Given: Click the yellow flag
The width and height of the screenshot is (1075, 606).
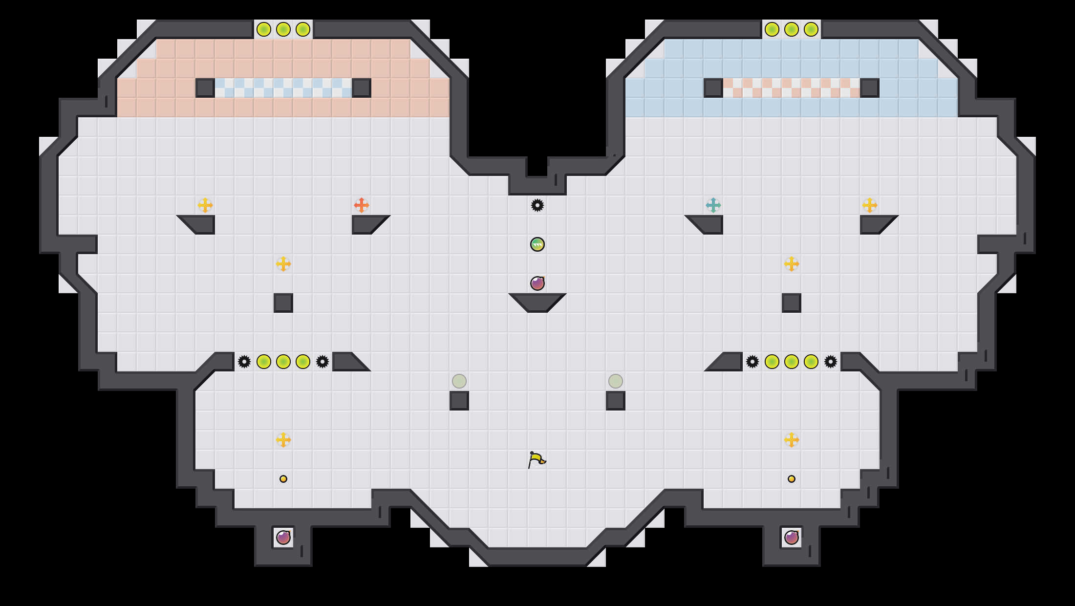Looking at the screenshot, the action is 537,459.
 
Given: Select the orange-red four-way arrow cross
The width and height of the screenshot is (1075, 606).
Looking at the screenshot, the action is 361,205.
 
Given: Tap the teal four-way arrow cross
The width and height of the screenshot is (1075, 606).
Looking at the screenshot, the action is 713,205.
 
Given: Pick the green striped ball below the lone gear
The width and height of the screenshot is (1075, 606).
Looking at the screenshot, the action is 537,244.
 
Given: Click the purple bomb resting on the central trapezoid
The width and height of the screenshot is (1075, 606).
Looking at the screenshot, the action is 537,283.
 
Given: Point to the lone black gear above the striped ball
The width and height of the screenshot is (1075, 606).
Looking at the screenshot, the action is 537,205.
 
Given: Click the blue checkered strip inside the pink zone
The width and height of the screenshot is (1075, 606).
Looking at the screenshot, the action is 283,88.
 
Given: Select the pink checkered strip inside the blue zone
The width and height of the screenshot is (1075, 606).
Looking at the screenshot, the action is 791,88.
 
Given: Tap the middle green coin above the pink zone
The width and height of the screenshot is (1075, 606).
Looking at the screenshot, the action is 283,29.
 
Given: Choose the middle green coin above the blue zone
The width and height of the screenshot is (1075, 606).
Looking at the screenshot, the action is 791,29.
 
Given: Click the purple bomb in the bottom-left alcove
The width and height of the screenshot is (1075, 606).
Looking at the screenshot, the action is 283,538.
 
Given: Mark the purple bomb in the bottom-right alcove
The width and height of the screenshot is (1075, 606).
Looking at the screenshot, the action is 792,538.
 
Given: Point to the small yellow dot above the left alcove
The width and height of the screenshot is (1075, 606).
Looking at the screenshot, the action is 283,479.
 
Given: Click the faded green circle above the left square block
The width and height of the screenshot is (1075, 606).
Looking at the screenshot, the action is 459,381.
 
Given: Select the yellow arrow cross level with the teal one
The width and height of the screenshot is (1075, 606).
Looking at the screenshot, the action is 869,205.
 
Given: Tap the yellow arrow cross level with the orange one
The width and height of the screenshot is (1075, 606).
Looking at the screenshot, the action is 205,205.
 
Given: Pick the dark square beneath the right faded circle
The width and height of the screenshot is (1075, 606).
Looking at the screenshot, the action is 615,401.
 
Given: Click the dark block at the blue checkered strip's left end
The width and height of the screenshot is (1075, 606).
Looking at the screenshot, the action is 205,88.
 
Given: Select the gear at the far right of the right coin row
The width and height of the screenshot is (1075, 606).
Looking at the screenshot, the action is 830,362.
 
